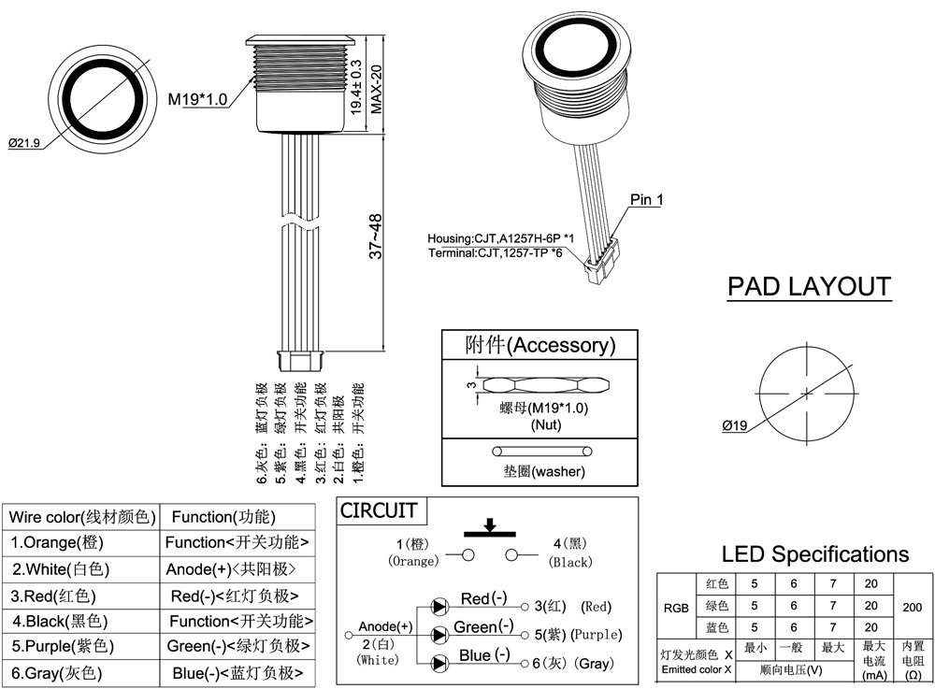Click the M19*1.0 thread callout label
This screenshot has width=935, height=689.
(x=197, y=99)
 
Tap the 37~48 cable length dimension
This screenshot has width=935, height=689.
(x=375, y=237)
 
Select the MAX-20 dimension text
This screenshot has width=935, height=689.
(x=377, y=89)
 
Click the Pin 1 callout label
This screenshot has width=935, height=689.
(x=646, y=199)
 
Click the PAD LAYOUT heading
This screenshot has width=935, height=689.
(x=809, y=286)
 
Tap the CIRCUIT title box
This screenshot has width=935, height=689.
(x=378, y=510)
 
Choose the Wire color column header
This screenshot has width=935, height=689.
(x=79, y=517)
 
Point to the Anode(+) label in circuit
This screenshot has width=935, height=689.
(x=385, y=626)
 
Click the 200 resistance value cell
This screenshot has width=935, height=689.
(x=912, y=606)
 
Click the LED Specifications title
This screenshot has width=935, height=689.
(x=814, y=554)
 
